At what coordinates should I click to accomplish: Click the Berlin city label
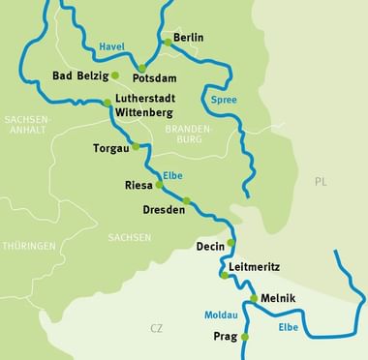tap(189, 38)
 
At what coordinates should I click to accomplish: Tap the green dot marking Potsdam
tap(141, 69)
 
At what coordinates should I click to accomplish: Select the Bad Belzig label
tap(79, 75)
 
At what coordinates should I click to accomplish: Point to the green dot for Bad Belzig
tap(115, 75)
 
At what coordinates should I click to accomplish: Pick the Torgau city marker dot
tap(136, 146)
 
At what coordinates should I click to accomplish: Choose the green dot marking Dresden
tap(187, 201)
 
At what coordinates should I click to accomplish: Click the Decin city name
tap(210, 246)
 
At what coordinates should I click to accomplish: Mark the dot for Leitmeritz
tap(225, 276)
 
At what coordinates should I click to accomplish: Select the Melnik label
tap(278, 298)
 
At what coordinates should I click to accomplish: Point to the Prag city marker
tap(245, 337)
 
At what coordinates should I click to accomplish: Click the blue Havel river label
tap(112, 45)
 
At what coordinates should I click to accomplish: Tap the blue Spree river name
tap(223, 99)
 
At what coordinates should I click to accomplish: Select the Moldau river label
tap(220, 315)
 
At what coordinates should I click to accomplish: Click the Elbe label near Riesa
tap(174, 175)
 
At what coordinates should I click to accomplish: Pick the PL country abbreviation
tap(321, 181)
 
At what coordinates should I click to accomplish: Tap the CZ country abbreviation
tap(156, 329)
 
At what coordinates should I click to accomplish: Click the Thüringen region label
tap(28, 246)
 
